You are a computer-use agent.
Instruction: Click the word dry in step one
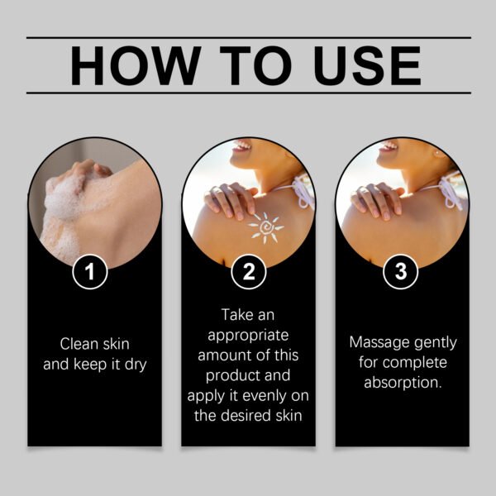tap(135, 363)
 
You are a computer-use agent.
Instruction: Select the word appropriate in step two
tap(247, 336)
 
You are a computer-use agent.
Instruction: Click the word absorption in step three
tap(402, 382)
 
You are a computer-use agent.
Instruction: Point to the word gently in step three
tap(433, 342)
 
